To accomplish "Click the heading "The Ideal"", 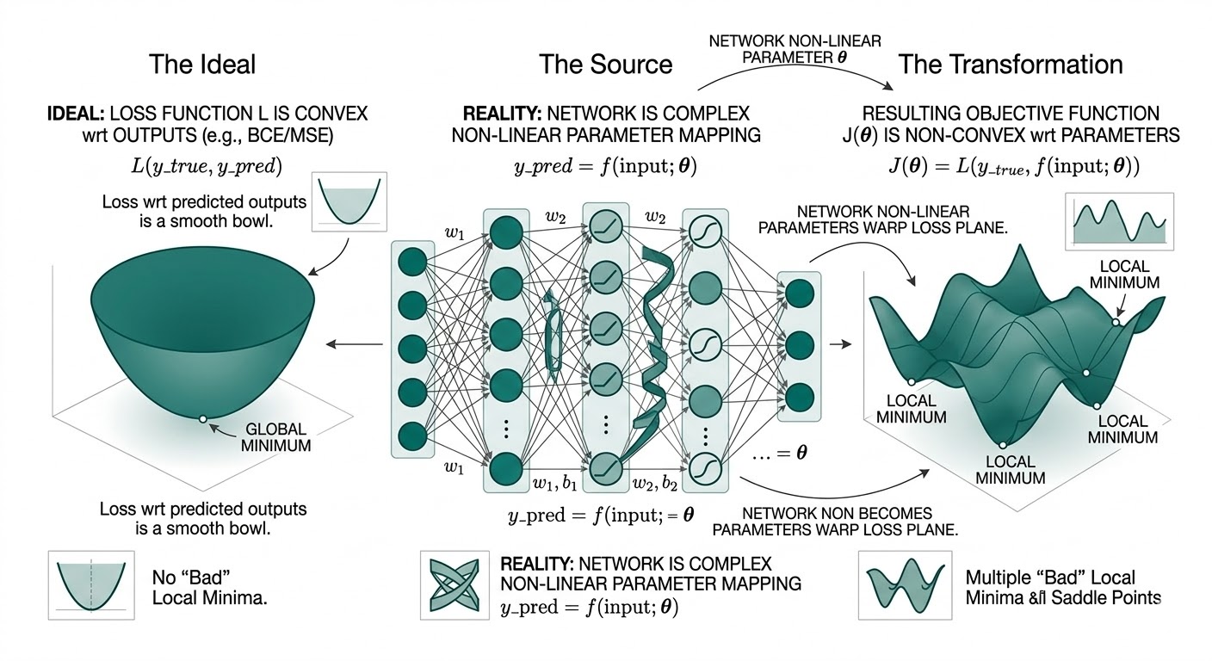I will (x=202, y=65).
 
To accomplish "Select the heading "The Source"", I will (x=605, y=65).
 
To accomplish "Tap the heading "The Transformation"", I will (x=1010, y=65).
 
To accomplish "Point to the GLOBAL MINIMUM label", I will (x=277, y=438).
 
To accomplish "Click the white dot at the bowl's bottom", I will (x=202, y=418).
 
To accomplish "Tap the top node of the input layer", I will (x=413, y=263).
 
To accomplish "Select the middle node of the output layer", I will (x=800, y=345).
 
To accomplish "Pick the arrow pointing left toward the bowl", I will (x=354, y=344).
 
